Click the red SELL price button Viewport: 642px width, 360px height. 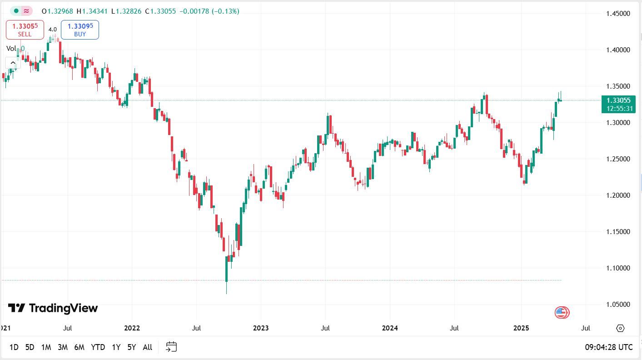point(25,30)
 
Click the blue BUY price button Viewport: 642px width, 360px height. point(80,30)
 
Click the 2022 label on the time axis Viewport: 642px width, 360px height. point(132,328)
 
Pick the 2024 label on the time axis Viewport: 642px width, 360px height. point(390,328)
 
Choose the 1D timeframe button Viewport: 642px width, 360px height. point(14,347)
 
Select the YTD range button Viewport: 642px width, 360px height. point(98,347)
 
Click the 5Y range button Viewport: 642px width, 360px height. point(132,347)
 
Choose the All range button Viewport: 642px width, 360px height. point(147,347)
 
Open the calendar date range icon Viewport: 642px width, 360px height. point(171,347)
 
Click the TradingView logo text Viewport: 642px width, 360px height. point(53,308)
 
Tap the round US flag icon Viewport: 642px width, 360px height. point(562,312)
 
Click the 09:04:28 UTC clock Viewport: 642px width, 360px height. point(608,347)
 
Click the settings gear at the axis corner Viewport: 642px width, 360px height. point(620,328)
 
